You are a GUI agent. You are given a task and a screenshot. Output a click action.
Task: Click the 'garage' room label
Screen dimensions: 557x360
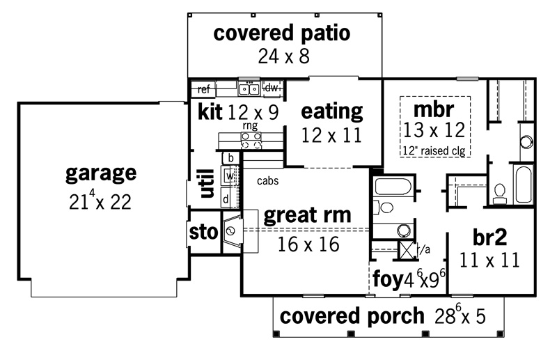(x=101, y=174)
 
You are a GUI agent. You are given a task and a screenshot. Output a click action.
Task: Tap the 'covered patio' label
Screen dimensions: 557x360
(x=282, y=33)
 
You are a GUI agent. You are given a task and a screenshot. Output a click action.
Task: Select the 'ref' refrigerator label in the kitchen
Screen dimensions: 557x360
(x=204, y=89)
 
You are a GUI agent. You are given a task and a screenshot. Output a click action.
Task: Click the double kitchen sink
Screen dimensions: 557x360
(x=249, y=88)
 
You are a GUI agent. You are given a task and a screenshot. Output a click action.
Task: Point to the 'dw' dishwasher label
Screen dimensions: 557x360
(x=271, y=88)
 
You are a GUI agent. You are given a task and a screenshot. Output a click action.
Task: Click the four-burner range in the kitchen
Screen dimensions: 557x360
(x=251, y=141)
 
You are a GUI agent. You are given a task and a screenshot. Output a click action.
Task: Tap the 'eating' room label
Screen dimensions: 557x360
(x=332, y=112)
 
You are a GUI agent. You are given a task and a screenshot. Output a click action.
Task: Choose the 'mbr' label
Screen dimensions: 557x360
(x=434, y=109)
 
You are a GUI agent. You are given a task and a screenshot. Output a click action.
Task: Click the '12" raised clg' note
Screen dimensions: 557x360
(x=434, y=150)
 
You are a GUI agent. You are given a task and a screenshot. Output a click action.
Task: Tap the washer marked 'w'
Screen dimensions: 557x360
(x=229, y=175)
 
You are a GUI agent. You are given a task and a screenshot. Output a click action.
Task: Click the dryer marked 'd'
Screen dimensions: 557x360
(x=226, y=198)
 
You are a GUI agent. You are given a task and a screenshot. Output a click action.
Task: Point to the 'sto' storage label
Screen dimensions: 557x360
(x=203, y=233)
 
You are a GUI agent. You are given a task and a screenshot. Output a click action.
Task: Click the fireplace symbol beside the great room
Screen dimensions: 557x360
(x=232, y=231)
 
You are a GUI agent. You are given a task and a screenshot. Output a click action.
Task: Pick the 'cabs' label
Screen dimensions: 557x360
(x=267, y=181)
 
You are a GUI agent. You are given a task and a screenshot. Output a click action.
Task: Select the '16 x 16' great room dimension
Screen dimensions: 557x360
(x=308, y=244)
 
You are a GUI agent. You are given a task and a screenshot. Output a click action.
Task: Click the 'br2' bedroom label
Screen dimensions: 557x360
(x=490, y=237)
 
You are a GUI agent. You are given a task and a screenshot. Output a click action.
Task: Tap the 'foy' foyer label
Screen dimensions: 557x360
(x=388, y=279)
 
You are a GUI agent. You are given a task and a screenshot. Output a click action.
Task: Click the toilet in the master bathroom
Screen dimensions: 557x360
(x=500, y=194)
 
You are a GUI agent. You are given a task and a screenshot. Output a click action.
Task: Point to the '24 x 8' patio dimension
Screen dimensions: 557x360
(x=284, y=56)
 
